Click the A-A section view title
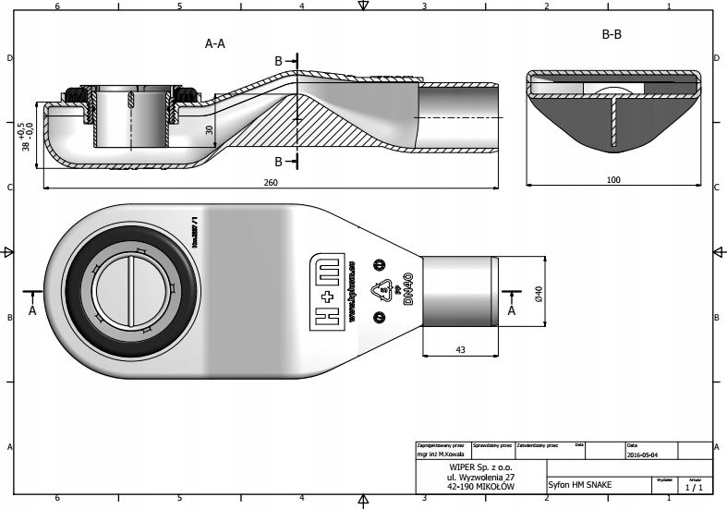[x=214, y=43]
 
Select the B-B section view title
[x=611, y=34]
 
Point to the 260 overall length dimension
[x=271, y=183]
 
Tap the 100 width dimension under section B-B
[x=613, y=180]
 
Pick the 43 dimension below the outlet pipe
[x=459, y=348]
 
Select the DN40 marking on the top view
[x=406, y=288]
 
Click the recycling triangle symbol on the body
[x=380, y=290]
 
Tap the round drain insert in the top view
[x=135, y=287]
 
